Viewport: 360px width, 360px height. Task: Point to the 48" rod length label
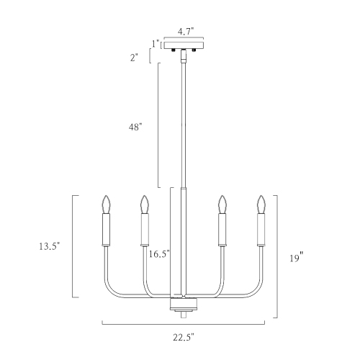point(135,127)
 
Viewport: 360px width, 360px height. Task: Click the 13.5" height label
point(49,246)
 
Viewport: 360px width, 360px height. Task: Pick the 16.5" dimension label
point(158,253)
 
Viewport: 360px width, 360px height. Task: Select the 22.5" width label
point(184,336)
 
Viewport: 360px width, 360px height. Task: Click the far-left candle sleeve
point(108,230)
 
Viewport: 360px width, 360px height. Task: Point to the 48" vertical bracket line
point(158,126)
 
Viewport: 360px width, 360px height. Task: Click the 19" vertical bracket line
point(278,256)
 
